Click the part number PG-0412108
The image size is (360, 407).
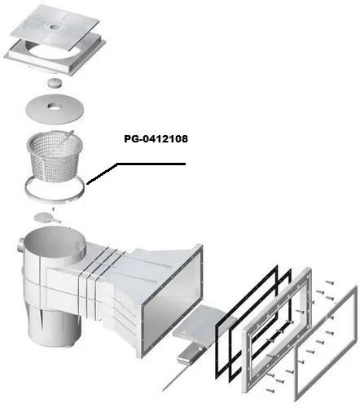point(156,139)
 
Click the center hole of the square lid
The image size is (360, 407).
point(55,27)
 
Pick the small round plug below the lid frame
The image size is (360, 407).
point(55,82)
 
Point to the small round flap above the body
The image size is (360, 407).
point(43,217)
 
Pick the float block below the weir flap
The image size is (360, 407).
point(189,352)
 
